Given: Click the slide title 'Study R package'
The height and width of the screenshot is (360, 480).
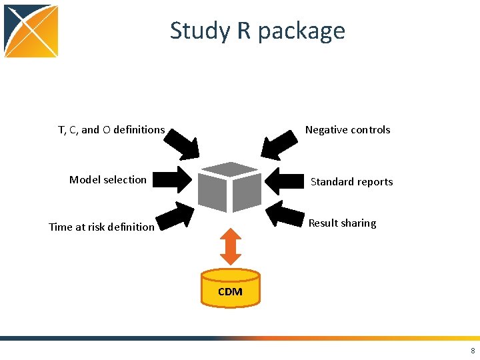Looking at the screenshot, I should coord(257,31).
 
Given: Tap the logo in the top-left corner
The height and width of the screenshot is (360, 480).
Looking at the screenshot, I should coord(31,31).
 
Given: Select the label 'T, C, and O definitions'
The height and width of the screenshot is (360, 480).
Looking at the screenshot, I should coord(111,130).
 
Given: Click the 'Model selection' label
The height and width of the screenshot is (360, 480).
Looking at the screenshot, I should coord(108,179).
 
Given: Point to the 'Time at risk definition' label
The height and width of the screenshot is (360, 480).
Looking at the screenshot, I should coord(101,227).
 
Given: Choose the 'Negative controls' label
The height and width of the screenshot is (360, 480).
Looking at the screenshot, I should coord(347,130).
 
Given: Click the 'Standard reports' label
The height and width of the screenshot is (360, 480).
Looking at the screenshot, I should coord(351,181).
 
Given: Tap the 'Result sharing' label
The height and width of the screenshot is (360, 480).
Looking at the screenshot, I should coord(342,223).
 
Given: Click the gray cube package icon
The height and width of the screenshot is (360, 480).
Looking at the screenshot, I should coord(229,187).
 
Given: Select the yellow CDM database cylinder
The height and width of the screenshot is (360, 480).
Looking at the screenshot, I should coord(230,288).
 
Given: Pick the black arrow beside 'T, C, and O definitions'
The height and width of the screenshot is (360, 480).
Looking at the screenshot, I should coord(182,142).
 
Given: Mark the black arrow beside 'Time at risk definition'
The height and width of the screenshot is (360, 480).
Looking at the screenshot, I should coord(175,216).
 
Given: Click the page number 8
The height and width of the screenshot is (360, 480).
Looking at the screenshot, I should coord(473,351).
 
